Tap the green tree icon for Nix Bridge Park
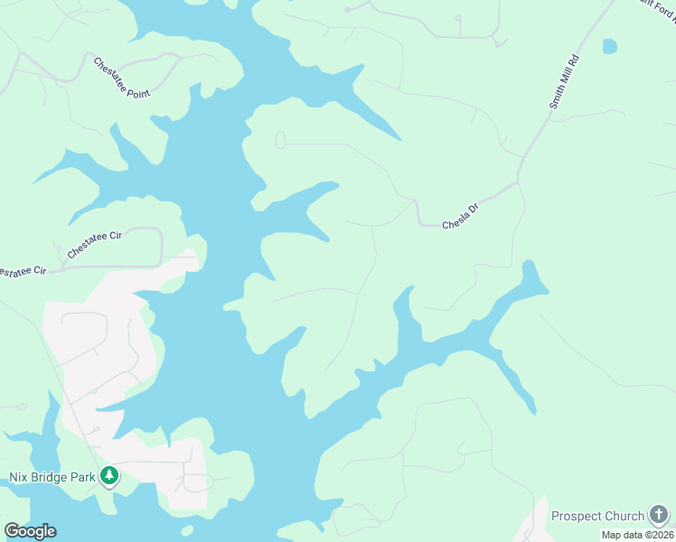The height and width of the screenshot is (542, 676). (109, 475)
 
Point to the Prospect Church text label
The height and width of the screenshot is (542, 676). (597, 516)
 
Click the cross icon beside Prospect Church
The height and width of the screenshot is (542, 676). (660, 516)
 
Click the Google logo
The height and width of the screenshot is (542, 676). (30, 531)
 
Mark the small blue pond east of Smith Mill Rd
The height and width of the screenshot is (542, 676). (610, 46)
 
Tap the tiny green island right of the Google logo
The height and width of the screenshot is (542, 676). (187, 529)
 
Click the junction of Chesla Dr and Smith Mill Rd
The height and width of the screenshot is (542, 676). (518, 182)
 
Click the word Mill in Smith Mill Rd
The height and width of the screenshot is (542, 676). (563, 83)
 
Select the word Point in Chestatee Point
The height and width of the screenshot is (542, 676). (136, 88)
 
